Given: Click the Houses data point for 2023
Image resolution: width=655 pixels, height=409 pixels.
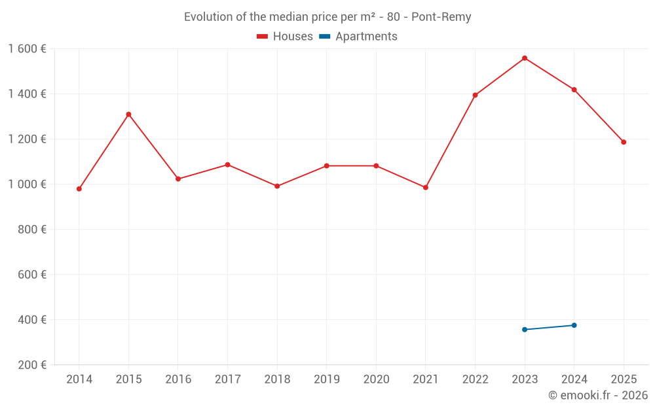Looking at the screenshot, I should [x=525, y=58].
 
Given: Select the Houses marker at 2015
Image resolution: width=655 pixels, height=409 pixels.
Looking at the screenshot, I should [x=128, y=115].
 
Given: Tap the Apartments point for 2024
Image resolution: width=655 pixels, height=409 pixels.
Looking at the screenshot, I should [x=574, y=325].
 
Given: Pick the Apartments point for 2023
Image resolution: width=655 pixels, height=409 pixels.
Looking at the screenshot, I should [x=525, y=330].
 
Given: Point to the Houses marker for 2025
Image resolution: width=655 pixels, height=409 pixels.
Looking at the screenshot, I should [x=624, y=142].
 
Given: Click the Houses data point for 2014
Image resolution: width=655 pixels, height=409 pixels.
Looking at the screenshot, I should [x=79, y=189].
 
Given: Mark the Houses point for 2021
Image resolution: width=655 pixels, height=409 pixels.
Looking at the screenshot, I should [x=426, y=188].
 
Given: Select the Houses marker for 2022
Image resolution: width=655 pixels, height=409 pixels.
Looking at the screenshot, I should [x=475, y=96].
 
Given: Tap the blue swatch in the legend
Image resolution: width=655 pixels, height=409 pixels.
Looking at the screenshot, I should [x=324, y=37].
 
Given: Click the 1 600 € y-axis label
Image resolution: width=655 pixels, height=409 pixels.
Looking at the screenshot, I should [x=27, y=49].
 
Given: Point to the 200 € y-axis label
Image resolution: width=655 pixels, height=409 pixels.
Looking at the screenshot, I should [x=31, y=365].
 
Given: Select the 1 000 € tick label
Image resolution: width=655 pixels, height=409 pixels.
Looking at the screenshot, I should [x=27, y=185].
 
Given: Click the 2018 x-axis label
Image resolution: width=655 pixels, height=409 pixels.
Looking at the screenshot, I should [x=277, y=380].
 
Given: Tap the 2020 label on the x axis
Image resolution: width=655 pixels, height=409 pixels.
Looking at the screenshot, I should [x=376, y=380].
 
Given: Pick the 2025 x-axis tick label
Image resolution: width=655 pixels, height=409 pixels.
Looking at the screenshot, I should [x=624, y=380].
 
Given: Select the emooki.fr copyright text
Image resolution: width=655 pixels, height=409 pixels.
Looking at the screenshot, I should [x=597, y=395].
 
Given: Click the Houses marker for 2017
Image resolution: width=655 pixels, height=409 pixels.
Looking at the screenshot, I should [x=227, y=165].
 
